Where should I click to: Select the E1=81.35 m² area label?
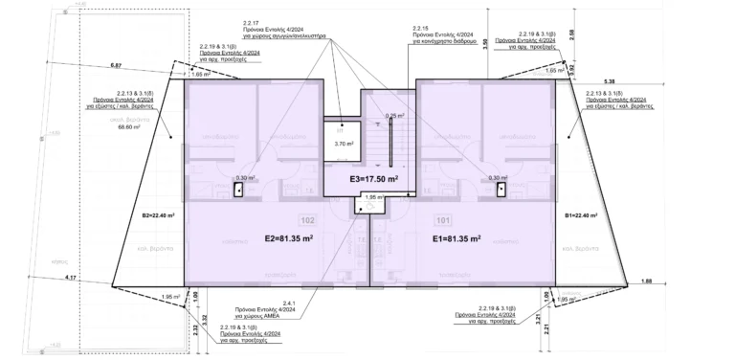point(456,238)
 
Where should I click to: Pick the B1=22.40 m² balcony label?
point(582,215)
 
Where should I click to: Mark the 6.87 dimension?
point(118,65)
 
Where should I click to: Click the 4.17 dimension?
point(71,278)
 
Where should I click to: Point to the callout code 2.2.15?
point(420,30)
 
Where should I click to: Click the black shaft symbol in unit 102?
point(236,190)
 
